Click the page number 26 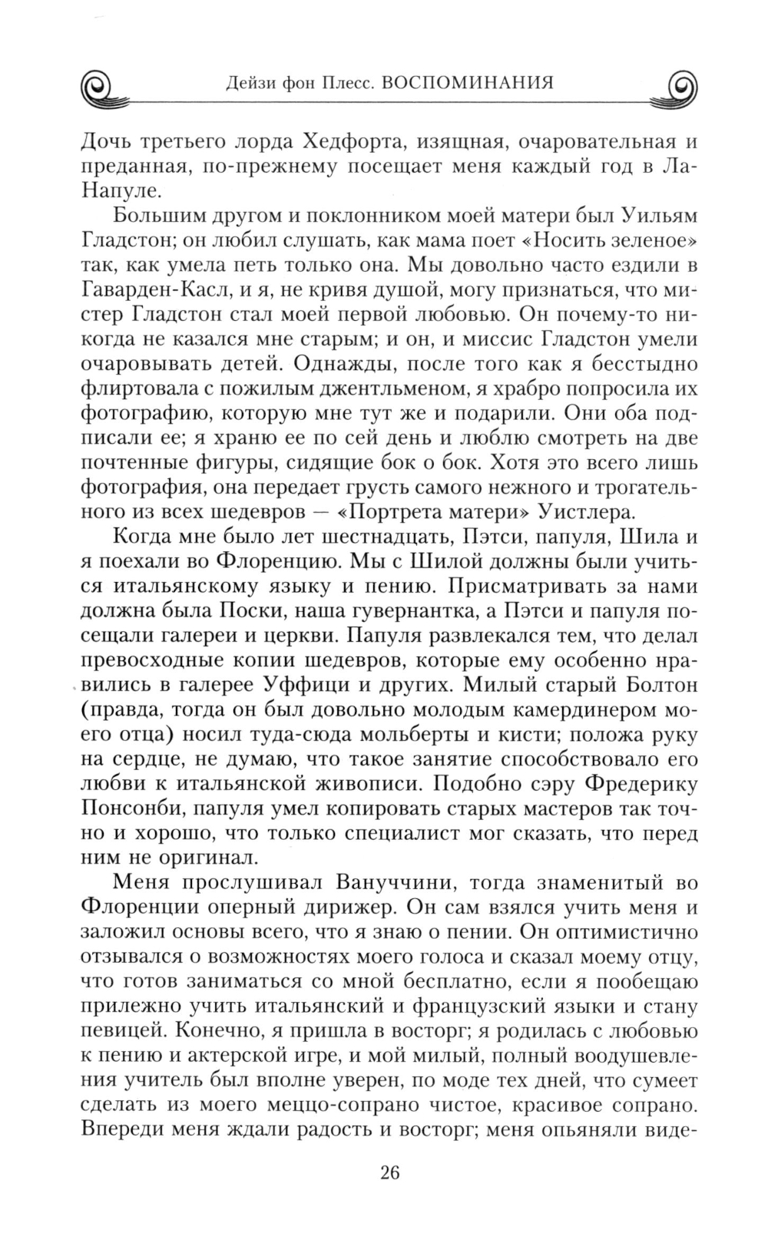pos(389,1172)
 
